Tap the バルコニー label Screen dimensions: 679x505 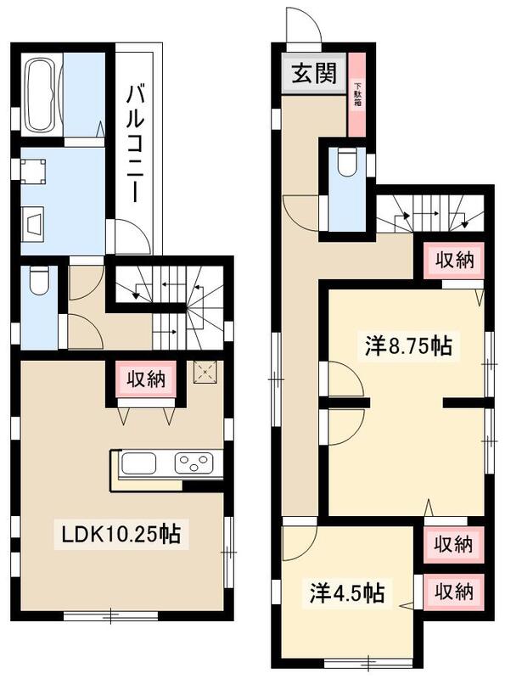coord(134,142)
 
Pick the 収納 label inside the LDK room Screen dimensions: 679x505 coord(143,379)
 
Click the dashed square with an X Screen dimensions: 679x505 coord(205,372)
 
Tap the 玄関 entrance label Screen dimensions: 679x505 coord(312,74)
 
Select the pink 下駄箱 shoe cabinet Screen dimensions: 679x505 coord(357,94)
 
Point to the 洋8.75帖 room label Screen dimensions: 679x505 coord(408,345)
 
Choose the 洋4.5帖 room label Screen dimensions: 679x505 coord(345,593)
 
